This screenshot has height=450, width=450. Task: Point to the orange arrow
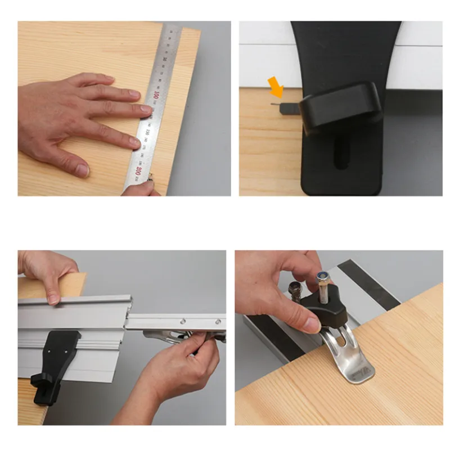tap(277, 86)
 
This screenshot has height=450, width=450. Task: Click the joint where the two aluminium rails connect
tap(127, 321)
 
